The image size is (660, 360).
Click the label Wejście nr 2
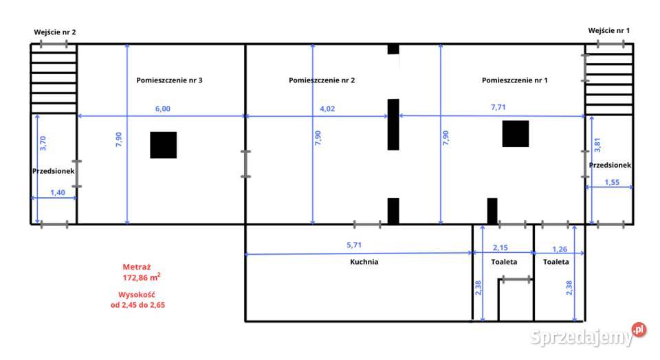point(55,32)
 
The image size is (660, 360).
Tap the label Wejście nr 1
point(608,31)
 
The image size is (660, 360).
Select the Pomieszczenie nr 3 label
point(169,80)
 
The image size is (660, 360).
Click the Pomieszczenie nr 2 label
point(322,80)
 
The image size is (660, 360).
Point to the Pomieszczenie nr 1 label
point(514,80)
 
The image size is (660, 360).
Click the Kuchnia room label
point(364,262)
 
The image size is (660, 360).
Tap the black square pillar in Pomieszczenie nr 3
point(164,145)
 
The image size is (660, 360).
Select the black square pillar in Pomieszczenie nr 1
point(515,134)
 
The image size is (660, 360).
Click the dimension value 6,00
point(163,109)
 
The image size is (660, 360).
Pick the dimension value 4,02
point(327,109)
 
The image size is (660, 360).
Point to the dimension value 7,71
point(498,107)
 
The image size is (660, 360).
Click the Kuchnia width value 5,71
point(353,245)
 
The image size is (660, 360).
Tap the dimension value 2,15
point(500,248)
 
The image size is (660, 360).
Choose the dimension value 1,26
point(560,249)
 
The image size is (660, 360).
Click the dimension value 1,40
point(58,192)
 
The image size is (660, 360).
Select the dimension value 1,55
point(612,183)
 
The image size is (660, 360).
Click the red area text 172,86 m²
point(142,277)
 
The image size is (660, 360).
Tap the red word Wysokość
point(136,295)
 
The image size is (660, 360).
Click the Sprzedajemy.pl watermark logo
point(588,335)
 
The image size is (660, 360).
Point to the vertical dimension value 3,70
point(43,144)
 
